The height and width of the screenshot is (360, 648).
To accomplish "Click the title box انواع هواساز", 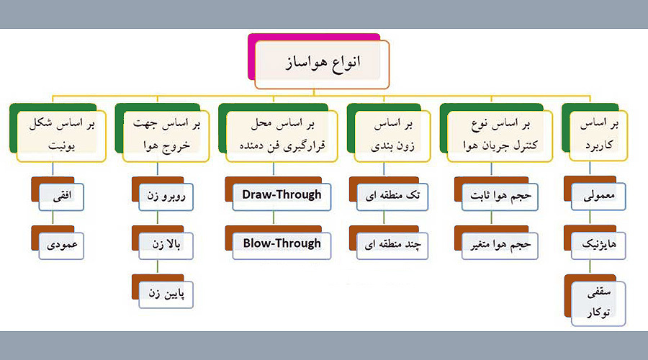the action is click(x=322, y=65).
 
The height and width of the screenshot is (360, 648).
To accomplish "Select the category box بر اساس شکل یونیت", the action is click(x=61, y=136).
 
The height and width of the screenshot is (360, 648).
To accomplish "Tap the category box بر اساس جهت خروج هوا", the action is click(x=166, y=136).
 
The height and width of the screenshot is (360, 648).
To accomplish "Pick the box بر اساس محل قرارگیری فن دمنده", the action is click(x=282, y=136).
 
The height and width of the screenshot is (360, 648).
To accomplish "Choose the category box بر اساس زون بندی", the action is click(x=392, y=136).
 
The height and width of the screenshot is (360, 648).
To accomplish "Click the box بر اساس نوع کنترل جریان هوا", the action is click(x=500, y=136).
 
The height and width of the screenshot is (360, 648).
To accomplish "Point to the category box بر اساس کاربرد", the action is click(x=598, y=136).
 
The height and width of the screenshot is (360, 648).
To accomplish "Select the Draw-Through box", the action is click(x=282, y=197).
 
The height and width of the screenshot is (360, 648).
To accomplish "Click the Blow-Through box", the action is click(x=282, y=246).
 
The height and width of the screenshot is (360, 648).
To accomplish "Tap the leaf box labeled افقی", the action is click(x=61, y=197).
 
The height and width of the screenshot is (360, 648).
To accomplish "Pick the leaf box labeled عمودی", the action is click(x=61, y=246).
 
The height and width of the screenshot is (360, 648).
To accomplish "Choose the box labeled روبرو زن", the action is click(x=166, y=197).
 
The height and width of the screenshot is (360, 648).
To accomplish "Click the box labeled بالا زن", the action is click(x=166, y=246).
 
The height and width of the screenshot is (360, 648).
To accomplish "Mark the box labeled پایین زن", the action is click(x=166, y=294).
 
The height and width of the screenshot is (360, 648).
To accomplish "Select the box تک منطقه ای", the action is click(x=392, y=197).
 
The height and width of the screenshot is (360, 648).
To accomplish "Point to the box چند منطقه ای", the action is click(x=392, y=246).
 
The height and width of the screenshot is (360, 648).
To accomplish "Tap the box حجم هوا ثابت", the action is click(x=500, y=197).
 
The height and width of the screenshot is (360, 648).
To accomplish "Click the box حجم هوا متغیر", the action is click(x=500, y=246).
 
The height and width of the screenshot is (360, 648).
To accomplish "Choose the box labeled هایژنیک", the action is click(x=598, y=246).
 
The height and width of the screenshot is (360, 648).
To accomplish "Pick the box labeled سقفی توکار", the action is click(x=598, y=303).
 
